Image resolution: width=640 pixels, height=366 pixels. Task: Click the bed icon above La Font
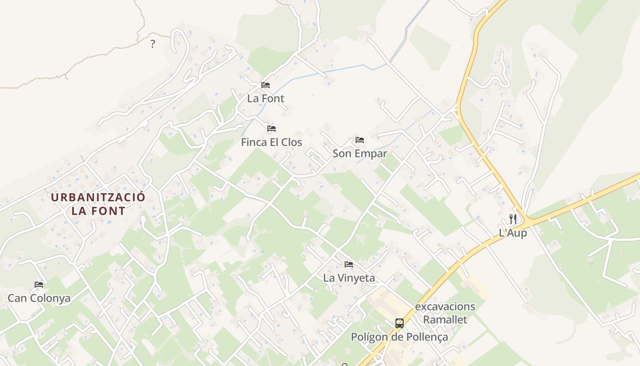[x=266, y=85]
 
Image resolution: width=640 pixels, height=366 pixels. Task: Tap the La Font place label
[x=266, y=98]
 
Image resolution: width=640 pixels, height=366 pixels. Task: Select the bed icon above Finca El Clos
[x=272, y=129]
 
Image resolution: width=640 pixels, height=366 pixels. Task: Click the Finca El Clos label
[x=272, y=142]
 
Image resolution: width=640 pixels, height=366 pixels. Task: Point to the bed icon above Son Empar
[x=360, y=140]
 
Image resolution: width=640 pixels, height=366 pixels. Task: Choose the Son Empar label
[x=360, y=154]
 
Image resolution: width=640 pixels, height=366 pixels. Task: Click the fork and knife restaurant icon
[x=513, y=219]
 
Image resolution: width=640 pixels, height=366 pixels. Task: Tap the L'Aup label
[x=513, y=233]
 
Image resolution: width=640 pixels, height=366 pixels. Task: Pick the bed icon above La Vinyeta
[x=349, y=264]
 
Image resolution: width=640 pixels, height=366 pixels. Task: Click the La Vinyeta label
[x=349, y=278]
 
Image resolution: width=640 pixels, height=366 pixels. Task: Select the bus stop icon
[x=400, y=323]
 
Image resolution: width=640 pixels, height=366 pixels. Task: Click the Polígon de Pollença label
[x=400, y=337]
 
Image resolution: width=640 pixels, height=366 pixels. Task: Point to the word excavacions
[x=445, y=307]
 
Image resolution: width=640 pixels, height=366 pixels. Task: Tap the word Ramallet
[x=445, y=320]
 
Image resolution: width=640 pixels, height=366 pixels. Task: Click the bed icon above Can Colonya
[x=39, y=285]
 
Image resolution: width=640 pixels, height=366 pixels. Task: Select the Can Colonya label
[x=39, y=299]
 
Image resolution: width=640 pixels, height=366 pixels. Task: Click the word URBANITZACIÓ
[x=98, y=198]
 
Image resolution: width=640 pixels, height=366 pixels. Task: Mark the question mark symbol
[x=153, y=44]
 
